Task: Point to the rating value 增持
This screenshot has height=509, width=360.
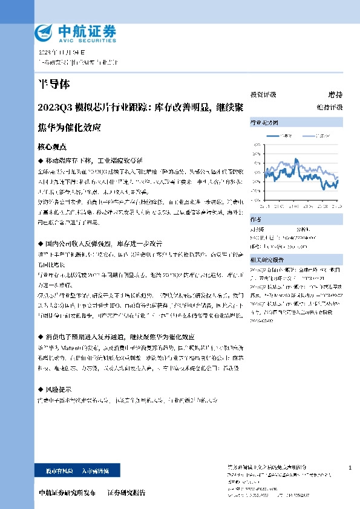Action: pyautogui.click(x=335, y=95)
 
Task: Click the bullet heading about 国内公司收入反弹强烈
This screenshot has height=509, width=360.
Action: pyautogui.click(x=97, y=242)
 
